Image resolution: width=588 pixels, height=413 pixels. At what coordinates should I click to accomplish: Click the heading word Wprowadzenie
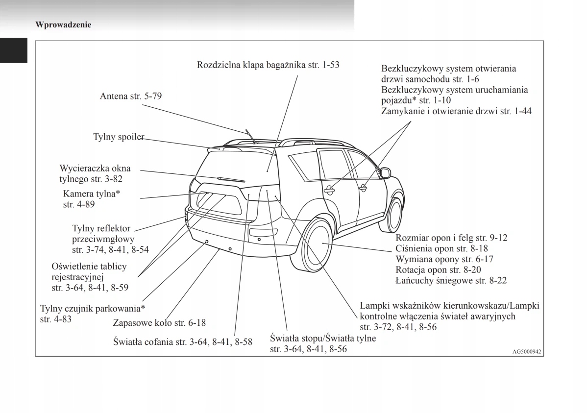(63, 24)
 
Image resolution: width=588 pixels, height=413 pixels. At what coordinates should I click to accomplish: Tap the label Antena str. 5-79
(130, 96)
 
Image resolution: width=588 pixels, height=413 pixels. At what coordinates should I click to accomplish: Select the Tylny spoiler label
(119, 137)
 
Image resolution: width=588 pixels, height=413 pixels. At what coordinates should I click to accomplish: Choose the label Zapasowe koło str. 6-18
(159, 323)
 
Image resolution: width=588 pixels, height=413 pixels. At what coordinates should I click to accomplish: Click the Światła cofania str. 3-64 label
(182, 341)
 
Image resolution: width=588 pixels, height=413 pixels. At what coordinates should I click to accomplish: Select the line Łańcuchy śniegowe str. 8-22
(451, 281)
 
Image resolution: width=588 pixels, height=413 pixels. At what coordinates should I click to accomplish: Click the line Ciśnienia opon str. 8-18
(441, 248)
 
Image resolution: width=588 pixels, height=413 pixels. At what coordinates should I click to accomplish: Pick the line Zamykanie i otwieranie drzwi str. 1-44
(456, 111)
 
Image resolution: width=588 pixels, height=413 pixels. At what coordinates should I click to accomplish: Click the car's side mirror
(385, 172)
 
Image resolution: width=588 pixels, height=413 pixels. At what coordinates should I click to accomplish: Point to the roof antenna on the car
(251, 137)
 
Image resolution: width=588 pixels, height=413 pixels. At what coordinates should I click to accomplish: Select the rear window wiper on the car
(230, 179)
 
